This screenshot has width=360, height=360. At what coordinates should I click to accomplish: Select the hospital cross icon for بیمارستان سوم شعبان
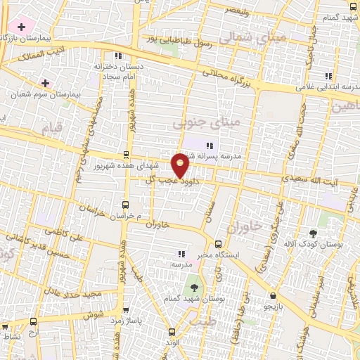(46, 82)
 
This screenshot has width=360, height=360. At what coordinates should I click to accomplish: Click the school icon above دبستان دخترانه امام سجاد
(118, 56)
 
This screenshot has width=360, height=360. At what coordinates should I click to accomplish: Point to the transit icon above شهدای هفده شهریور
(126, 154)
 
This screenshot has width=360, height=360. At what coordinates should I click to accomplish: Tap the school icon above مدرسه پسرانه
(209, 146)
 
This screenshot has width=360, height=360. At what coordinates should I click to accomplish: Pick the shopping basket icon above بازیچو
(272, 296)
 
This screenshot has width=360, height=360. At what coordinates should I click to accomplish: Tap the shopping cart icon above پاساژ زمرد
(125, 309)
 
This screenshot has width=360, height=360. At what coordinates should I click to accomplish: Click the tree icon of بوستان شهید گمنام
(192, 287)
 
